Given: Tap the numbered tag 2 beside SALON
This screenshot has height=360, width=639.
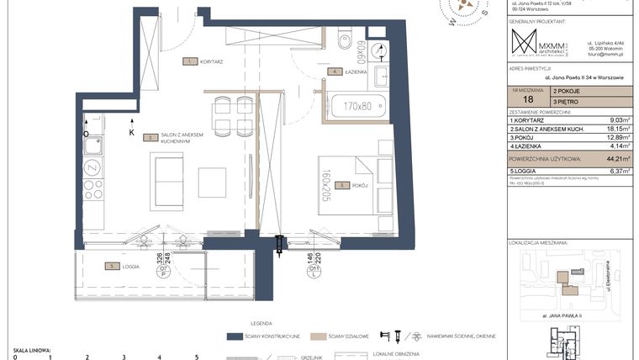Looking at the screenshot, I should pos(149,136).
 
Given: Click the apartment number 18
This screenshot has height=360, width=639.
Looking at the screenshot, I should pos(527,99).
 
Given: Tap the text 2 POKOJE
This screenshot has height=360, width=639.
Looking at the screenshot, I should pos(568,88).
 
